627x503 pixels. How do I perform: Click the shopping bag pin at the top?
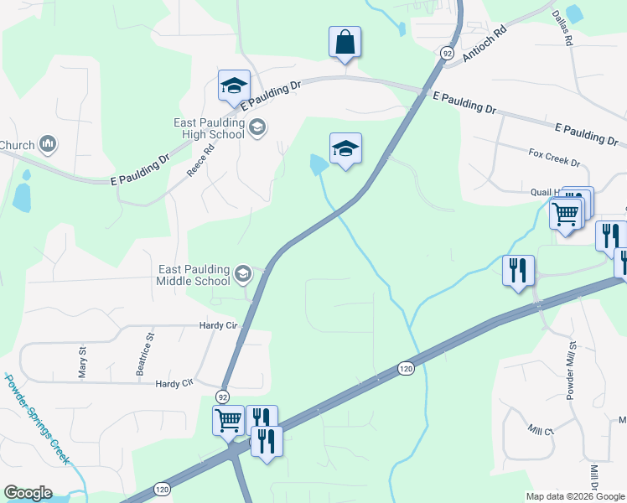pyautogui.click(x=345, y=42)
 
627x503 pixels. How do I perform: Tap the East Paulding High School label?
pyautogui.click(x=210, y=128)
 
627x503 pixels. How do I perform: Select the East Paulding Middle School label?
pyautogui.click(x=193, y=274)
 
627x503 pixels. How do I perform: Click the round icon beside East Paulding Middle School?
pyautogui.click(x=242, y=273)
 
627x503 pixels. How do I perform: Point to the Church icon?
pyautogui.click(x=48, y=145)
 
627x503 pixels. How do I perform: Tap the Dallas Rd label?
pyautogui.click(x=562, y=28)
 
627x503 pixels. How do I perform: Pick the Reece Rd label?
pyautogui.click(x=200, y=159)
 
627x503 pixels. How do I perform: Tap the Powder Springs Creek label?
pyautogui.click(x=39, y=419)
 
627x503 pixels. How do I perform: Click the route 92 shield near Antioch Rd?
pyautogui.click(x=443, y=53)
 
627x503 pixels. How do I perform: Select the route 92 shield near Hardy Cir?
pyautogui.click(x=222, y=396)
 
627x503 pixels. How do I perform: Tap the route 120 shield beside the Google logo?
pyautogui.click(x=162, y=489)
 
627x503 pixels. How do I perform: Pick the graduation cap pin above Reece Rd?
pyautogui.click(x=235, y=86)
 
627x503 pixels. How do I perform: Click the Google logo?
pyautogui.click(x=28, y=493)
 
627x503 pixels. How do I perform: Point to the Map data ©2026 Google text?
pyautogui.click(x=575, y=496)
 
